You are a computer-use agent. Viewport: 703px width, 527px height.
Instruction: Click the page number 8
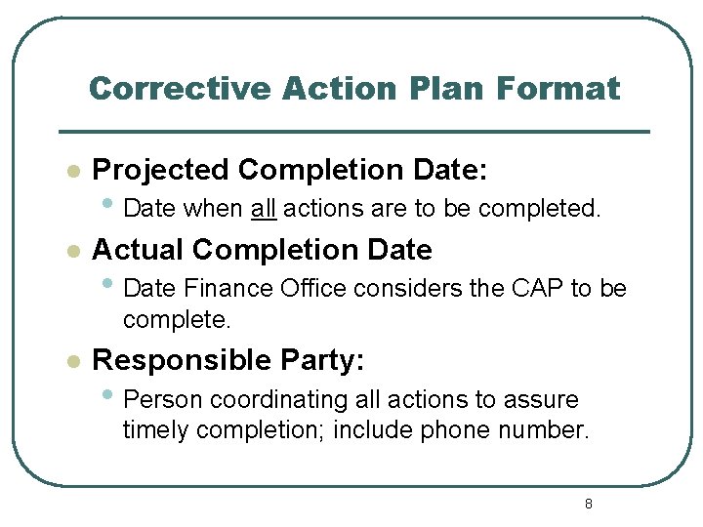pos(588,504)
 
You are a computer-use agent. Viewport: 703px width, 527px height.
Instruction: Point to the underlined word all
pos(264,208)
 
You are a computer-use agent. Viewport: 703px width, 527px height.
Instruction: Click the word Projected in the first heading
pos(161,171)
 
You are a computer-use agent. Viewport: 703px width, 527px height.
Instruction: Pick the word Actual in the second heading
pos(138,250)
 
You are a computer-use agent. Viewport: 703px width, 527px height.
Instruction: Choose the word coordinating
pos(255,400)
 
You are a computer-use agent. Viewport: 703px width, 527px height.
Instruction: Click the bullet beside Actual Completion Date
pos(71,251)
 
